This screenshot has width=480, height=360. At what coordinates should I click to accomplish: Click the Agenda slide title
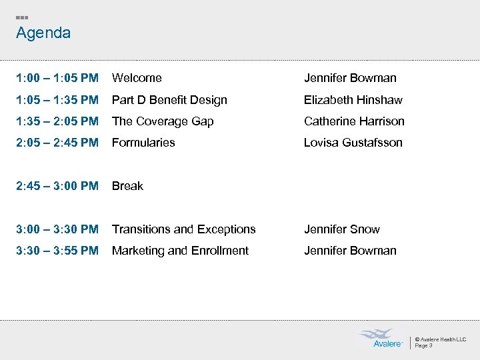43,33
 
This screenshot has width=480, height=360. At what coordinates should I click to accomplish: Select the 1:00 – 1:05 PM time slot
57,78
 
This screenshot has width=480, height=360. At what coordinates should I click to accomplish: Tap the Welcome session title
137,78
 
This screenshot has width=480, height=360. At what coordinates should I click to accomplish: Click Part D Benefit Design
169,100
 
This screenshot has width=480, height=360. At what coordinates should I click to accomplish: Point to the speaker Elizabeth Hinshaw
353,100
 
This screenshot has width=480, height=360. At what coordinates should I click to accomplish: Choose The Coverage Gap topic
163,121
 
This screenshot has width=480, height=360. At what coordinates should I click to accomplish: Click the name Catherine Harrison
354,121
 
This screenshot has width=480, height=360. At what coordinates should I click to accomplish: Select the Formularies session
143,143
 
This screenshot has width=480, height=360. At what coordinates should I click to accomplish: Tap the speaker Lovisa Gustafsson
353,143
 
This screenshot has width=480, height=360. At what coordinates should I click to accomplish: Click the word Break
127,186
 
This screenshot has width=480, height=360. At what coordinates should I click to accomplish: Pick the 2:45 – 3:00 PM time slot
57,186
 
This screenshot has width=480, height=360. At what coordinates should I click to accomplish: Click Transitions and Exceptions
183,229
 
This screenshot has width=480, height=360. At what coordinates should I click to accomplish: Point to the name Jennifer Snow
342,229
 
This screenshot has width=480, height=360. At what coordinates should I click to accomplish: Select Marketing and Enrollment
180,251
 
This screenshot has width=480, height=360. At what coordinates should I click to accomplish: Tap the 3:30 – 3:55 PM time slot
57,251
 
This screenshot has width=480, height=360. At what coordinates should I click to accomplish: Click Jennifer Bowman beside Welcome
350,78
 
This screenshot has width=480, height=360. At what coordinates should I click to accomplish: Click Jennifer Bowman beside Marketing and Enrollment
350,251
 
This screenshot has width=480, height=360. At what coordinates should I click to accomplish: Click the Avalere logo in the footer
381,339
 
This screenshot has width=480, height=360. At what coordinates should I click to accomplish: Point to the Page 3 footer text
424,345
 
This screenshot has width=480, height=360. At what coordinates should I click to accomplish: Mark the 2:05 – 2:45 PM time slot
57,143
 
